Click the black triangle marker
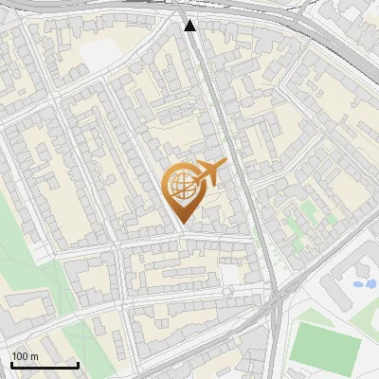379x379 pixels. (190, 25)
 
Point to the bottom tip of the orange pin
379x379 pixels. (183, 224)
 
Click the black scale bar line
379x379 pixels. (45, 364)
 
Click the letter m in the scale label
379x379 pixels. (34, 356)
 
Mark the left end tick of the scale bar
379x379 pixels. (11, 364)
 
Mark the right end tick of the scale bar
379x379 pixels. (78, 364)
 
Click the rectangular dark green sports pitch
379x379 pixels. (325, 345)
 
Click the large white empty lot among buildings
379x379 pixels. (103, 54)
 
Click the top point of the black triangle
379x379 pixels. (190, 19)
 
